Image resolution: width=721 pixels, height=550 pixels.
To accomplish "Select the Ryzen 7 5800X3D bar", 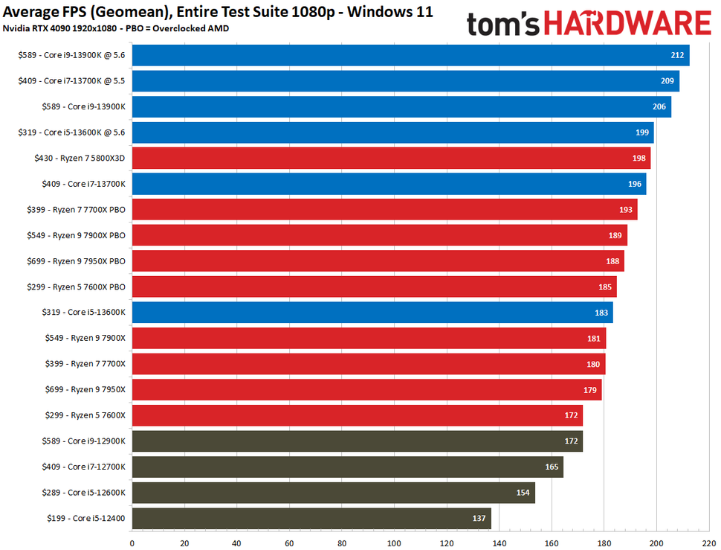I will pyautogui.click(x=391, y=158).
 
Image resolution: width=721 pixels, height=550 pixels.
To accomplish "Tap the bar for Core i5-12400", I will pyautogui.click(x=311, y=518).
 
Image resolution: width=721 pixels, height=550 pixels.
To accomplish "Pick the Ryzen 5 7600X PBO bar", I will pyautogui.click(x=374, y=287).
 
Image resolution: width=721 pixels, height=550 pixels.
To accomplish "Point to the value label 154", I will pyautogui.click(x=523, y=493).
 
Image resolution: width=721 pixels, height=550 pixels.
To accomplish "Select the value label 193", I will pyautogui.click(x=626, y=210).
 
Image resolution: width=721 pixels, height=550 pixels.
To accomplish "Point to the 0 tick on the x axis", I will pyautogui.click(x=132, y=543).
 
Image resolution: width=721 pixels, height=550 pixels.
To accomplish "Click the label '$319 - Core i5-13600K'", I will pyautogui.click(x=83, y=313).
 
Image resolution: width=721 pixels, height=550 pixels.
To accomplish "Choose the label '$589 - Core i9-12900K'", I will pyautogui.click(x=83, y=441).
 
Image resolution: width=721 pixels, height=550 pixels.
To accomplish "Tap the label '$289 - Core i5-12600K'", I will pyautogui.click(x=83, y=493).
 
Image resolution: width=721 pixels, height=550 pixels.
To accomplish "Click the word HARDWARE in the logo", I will pyautogui.click(x=630, y=24).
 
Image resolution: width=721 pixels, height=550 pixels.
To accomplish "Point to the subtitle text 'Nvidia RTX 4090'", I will pyautogui.click(x=38, y=28).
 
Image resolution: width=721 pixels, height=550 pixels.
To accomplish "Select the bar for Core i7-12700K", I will pyautogui.click(x=347, y=467).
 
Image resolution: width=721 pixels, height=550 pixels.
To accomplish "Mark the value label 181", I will pyautogui.click(x=595, y=339).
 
